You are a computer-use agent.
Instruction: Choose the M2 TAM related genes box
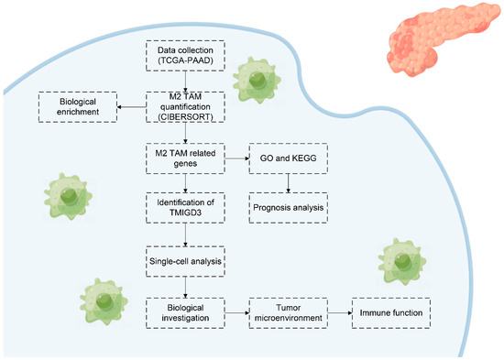(x=185, y=158)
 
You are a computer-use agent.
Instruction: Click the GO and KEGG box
(x=289, y=158)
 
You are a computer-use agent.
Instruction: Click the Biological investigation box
(x=185, y=312)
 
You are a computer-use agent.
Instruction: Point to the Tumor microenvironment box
(x=289, y=312)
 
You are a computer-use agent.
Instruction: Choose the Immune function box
(x=392, y=312)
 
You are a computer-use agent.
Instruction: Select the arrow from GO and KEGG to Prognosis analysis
(x=289, y=182)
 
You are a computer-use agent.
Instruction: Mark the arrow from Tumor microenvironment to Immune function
(x=340, y=312)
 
